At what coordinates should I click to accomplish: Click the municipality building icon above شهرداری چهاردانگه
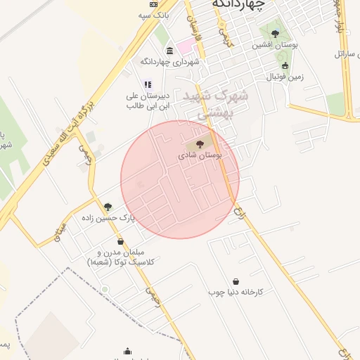(x=170, y=51)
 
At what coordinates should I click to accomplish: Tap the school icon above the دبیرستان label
(x=148, y=84)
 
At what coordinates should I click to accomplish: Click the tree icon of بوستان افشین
(x=275, y=33)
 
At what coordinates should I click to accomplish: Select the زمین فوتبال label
(x=285, y=77)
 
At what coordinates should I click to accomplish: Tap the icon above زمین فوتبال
(x=285, y=66)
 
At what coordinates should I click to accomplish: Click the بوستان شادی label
(x=200, y=155)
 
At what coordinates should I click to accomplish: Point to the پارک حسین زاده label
(x=107, y=218)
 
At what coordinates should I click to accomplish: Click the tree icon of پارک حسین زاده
(x=108, y=207)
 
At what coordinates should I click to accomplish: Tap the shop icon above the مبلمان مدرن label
(x=120, y=241)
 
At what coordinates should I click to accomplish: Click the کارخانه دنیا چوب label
(x=235, y=291)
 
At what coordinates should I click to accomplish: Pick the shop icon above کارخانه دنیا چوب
(x=235, y=281)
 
